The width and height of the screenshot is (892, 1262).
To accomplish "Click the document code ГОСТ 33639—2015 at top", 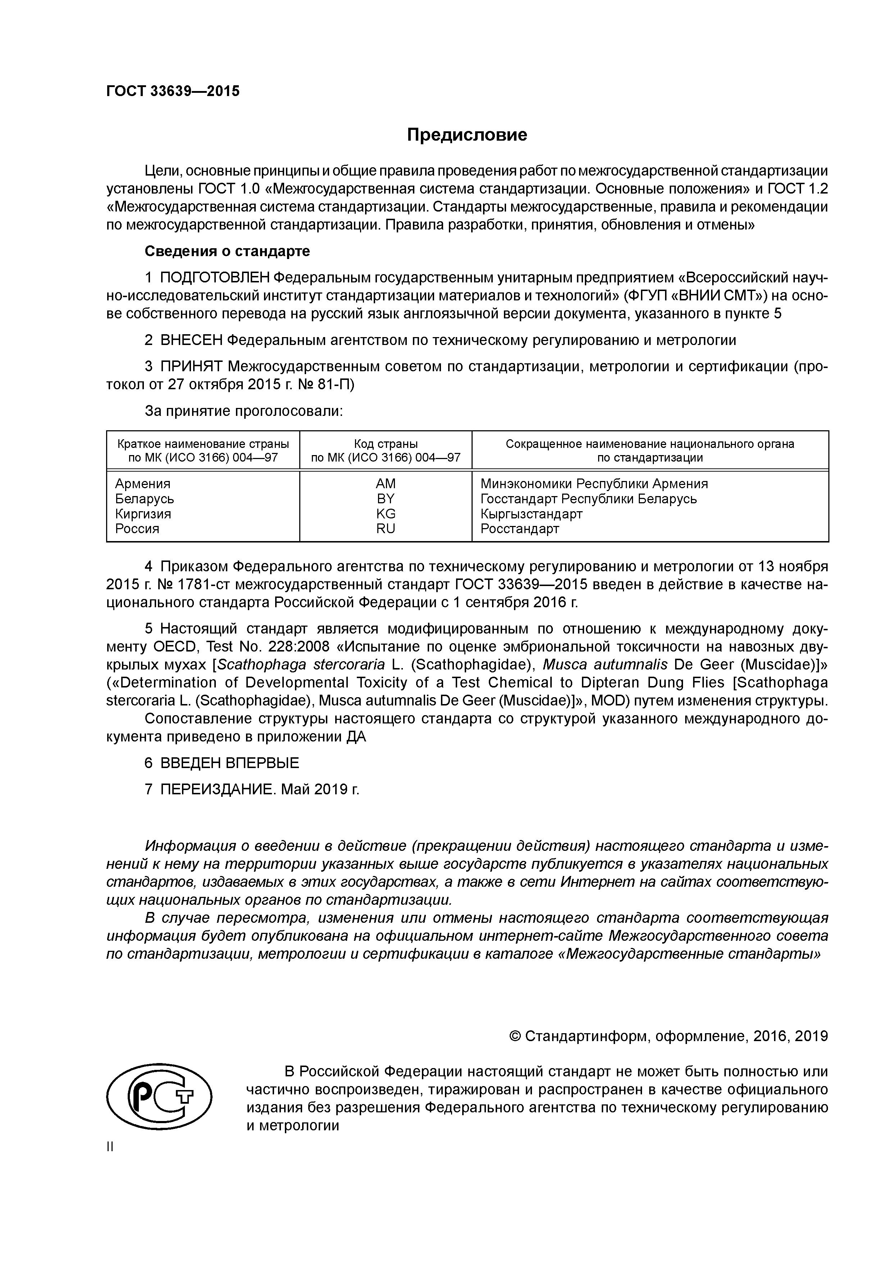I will click(x=173, y=91).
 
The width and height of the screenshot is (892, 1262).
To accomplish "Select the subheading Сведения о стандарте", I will click(x=227, y=251).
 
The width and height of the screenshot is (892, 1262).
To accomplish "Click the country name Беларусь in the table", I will click(x=145, y=499).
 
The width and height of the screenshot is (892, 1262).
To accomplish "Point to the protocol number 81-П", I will click(x=336, y=384).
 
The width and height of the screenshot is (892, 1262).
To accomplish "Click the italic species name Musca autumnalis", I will click(x=605, y=664).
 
